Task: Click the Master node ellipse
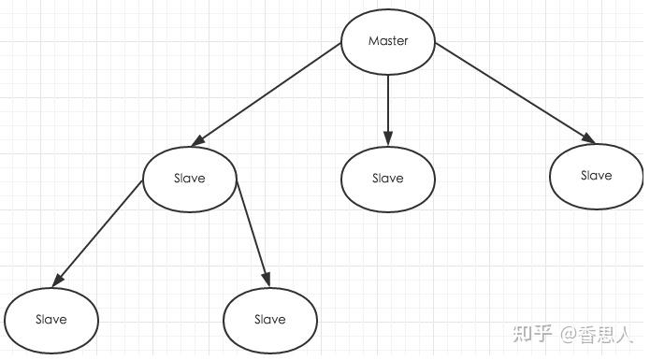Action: [388, 41]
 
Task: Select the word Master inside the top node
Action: [388, 41]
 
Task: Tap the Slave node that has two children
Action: [189, 178]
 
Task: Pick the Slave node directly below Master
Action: [388, 178]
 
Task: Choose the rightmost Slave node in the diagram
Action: [596, 175]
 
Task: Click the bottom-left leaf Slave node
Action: [51, 319]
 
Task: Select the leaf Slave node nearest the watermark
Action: [269, 319]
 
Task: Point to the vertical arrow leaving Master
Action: [388, 108]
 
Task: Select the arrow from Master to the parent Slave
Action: [267, 94]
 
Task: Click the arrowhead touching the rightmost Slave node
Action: [588, 139]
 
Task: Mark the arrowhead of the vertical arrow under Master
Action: [388, 139]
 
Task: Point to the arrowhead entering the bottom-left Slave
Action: [58, 280]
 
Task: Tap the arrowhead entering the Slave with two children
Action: [196, 141]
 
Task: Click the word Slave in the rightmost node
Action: [596, 175]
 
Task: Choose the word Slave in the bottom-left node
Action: [51, 319]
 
